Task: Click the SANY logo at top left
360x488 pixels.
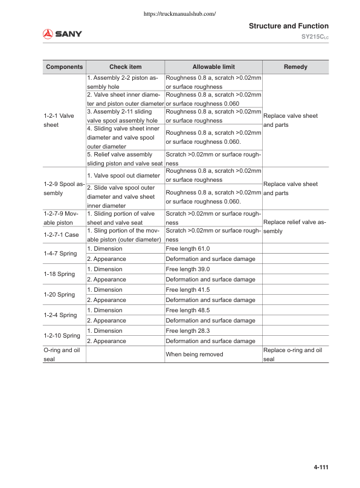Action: (x=62, y=34)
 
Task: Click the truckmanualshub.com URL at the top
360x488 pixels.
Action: (x=180, y=13)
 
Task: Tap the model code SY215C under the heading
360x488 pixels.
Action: (x=314, y=37)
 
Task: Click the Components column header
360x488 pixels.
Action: (x=65, y=67)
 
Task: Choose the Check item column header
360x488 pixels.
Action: (x=125, y=67)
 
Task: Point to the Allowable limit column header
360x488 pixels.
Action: (x=213, y=67)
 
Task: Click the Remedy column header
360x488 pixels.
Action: (x=295, y=67)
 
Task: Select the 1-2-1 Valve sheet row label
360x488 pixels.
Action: (x=59, y=120)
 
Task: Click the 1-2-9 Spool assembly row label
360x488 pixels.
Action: (x=63, y=189)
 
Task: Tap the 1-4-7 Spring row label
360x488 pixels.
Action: (x=59, y=254)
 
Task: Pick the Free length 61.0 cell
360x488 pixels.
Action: (x=188, y=249)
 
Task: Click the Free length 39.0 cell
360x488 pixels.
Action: (x=188, y=269)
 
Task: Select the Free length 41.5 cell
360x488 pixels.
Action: (x=188, y=290)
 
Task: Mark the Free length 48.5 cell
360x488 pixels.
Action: (x=188, y=310)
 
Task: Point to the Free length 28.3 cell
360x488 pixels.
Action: (x=188, y=331)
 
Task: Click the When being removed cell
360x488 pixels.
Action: (x=194, y=354)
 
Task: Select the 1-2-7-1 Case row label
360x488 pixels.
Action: (x=61, y=234)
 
